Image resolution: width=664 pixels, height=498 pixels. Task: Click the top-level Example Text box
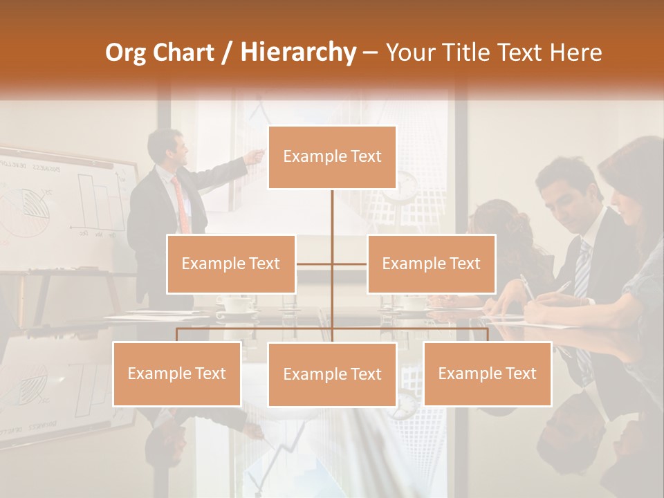point(332,157)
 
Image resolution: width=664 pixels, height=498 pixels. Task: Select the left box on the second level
point(231,264)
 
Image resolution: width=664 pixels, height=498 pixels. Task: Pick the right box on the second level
point(431,264)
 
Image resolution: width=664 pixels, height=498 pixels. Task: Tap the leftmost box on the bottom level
point(177,373)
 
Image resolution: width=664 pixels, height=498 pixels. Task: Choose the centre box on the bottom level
point(332,374)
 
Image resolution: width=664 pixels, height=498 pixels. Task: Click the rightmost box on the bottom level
point(487,373)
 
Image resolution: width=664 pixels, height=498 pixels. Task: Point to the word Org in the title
point(127,53)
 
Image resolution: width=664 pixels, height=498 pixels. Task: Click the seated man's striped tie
point(582,270)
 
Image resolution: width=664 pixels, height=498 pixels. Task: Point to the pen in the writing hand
point(527,286)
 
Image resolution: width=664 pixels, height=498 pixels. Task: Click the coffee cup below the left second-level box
point(235,304)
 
